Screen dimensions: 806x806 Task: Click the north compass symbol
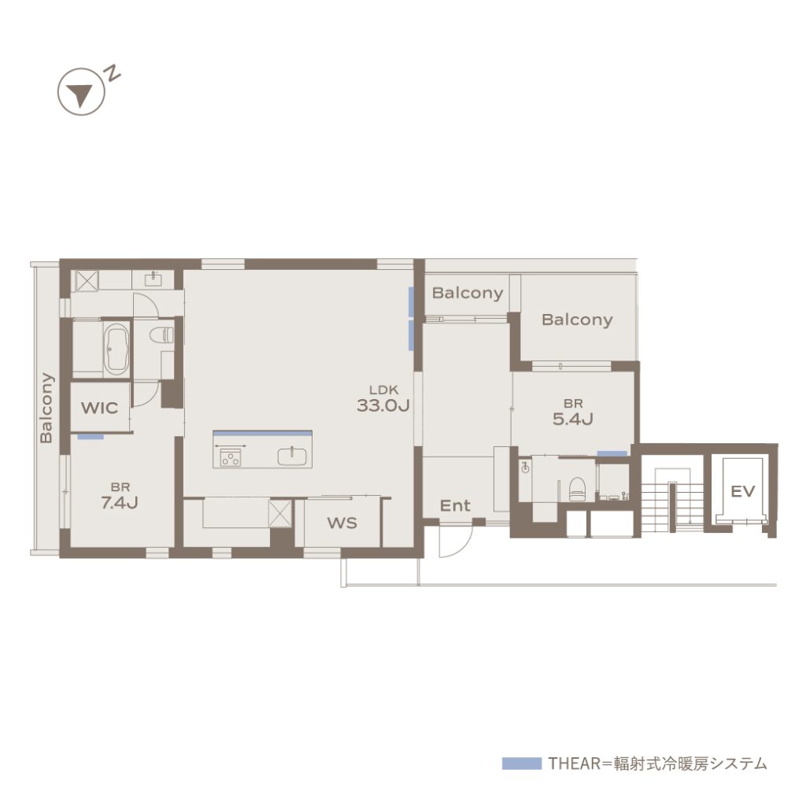pos(81,91)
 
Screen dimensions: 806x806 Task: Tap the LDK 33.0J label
pos(383,399)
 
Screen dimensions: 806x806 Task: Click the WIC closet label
pos(100,409)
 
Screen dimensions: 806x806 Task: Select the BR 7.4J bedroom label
pos(120,496)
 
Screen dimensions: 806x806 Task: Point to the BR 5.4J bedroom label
pos(573,412)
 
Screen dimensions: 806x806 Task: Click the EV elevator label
pos(743,491)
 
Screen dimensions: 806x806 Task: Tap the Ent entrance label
pos(455,506)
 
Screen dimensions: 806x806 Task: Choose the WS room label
pos(342,523)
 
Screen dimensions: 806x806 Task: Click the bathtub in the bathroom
pos(117,349)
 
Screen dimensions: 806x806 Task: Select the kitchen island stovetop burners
pos(231,457)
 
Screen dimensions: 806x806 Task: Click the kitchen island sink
pos(292,457)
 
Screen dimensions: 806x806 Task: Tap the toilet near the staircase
pos(577,488)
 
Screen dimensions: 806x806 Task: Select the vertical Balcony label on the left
pos(46,408)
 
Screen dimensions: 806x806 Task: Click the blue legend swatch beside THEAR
pos(522,763)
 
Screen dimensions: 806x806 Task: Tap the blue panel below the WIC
pos(91,437)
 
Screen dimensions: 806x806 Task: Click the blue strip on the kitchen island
pos(263,433)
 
